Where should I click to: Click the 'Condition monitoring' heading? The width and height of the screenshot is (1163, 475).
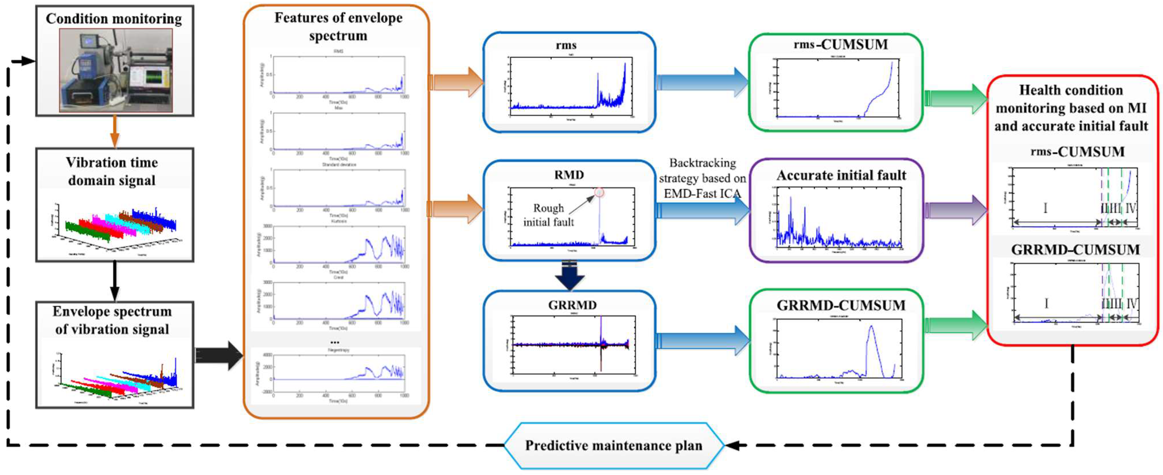coord(114,19)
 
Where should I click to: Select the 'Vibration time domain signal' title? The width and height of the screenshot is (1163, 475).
coord(112,171)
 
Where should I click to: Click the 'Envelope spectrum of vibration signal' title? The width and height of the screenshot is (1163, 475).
coord(112,320)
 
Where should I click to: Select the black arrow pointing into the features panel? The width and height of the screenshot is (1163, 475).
coord(219,355)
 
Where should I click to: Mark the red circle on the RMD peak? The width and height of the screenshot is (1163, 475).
coord(599,193)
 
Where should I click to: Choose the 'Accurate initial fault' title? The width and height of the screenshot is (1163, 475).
coord(841,175)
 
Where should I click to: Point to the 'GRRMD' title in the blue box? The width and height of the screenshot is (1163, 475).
coord(572,305)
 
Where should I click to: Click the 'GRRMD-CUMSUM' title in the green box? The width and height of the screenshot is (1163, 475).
coord(841,306)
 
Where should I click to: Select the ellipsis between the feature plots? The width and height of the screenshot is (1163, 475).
coord(335,342)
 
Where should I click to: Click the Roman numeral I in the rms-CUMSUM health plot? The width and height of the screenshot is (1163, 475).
coord(1045,208)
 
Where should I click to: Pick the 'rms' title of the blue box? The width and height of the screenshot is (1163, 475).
coord(566,45)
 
